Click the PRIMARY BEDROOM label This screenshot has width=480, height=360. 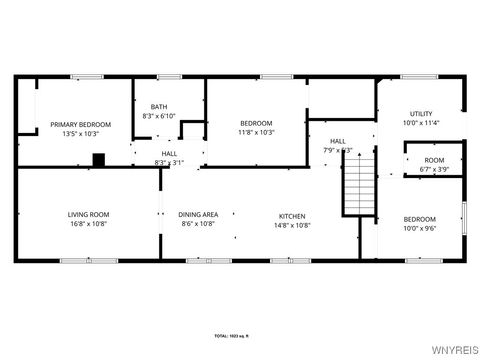point(80,124)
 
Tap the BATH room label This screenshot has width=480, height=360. point(159,107)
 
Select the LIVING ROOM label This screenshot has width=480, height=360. point(88,215)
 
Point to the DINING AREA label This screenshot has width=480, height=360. point(198,215)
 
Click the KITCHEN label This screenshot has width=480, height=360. point(292,215)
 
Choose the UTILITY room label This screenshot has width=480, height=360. point(420,114)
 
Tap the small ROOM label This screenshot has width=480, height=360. point(434,160)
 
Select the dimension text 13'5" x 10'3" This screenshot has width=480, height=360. point(80,133)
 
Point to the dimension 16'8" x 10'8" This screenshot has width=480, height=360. point(88,224)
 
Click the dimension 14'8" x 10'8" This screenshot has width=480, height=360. point(292,224)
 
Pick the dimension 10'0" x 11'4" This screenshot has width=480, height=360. point(420,124)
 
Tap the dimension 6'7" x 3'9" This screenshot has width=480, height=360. point(434,169)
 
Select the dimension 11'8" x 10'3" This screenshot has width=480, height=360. point(256,133)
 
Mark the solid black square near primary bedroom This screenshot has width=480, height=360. point(98,159)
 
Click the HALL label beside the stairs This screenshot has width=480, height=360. point(338,141)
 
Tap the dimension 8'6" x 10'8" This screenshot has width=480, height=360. point(198,224)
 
